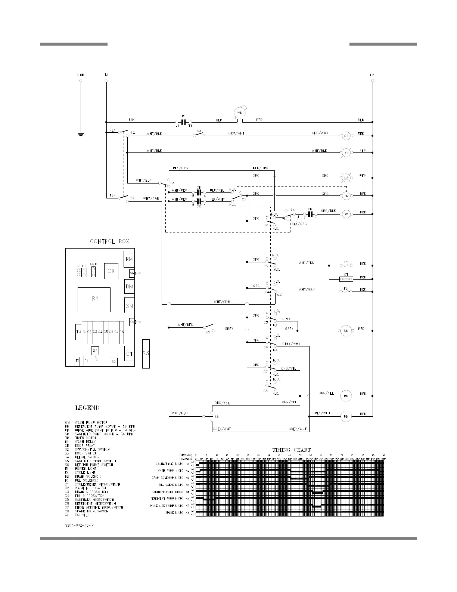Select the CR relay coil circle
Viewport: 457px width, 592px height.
[x=346, y=136]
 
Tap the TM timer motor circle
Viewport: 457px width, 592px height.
[x=346, y=195]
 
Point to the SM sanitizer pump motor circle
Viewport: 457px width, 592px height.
[x=346, y=330]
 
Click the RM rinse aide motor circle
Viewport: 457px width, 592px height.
[x=346, y=396]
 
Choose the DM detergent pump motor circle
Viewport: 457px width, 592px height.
[x=346, y=416]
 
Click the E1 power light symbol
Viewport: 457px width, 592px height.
[x=346, y=152]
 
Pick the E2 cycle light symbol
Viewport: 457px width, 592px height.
[x=346, y=178]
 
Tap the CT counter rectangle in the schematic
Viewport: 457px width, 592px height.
[x=346, y=279]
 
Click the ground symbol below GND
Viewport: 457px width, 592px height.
[x=81, y=133]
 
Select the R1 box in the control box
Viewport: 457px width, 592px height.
[x=94, y=299]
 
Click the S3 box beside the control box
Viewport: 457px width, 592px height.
[x=146, y=354]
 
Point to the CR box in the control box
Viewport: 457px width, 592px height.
[x=111, y=271]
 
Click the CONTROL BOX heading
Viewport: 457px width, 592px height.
[x=109, y=241]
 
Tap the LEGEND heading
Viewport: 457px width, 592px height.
[x=87, y=408]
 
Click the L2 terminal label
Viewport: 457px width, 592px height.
[x=372, y=75]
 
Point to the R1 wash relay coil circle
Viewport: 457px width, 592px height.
[x=346, y=214]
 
